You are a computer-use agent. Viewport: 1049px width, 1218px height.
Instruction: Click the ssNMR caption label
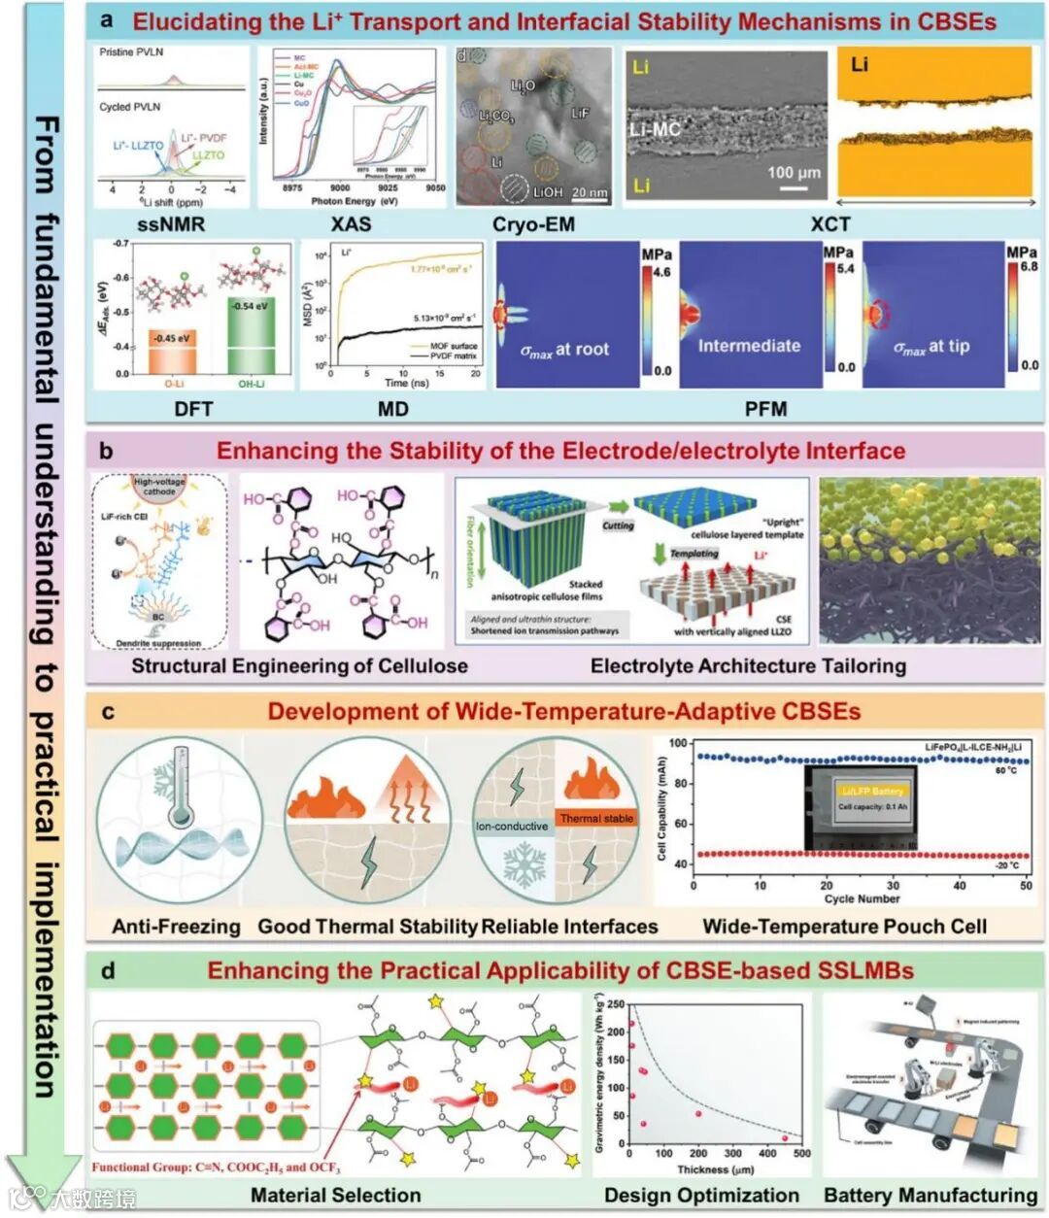click(x=172, y=224)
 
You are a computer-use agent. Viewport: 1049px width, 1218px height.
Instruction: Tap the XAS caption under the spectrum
click(x=351, y=224)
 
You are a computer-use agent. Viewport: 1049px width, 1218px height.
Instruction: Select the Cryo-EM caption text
click(x=533, y=224)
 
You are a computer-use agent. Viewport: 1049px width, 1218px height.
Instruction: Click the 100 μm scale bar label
click(x=794, y=172)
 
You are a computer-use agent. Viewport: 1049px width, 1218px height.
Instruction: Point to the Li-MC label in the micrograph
click(x=655, y=128)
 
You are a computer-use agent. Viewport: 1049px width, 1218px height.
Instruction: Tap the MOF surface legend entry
click(x=453, y=346)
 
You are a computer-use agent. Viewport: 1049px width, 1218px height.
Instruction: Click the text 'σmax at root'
click(x=565, y=350)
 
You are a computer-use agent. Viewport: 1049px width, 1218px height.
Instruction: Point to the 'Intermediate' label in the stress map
click(x=749, y=346)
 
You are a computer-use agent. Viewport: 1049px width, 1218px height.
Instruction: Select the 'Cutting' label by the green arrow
click(x=618, y=525)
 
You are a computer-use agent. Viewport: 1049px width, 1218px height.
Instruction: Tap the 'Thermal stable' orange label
click(x=596, y=819)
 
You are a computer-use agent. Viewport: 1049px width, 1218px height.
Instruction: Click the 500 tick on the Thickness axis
click(x=801, y=1154)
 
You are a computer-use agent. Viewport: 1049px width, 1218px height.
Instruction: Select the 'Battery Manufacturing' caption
click(x=931, y=1195)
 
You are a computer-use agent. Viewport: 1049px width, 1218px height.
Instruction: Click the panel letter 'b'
click(x=106, y=451)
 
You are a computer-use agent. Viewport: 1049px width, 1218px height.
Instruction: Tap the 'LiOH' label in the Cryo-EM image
click(x=547, y=192)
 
